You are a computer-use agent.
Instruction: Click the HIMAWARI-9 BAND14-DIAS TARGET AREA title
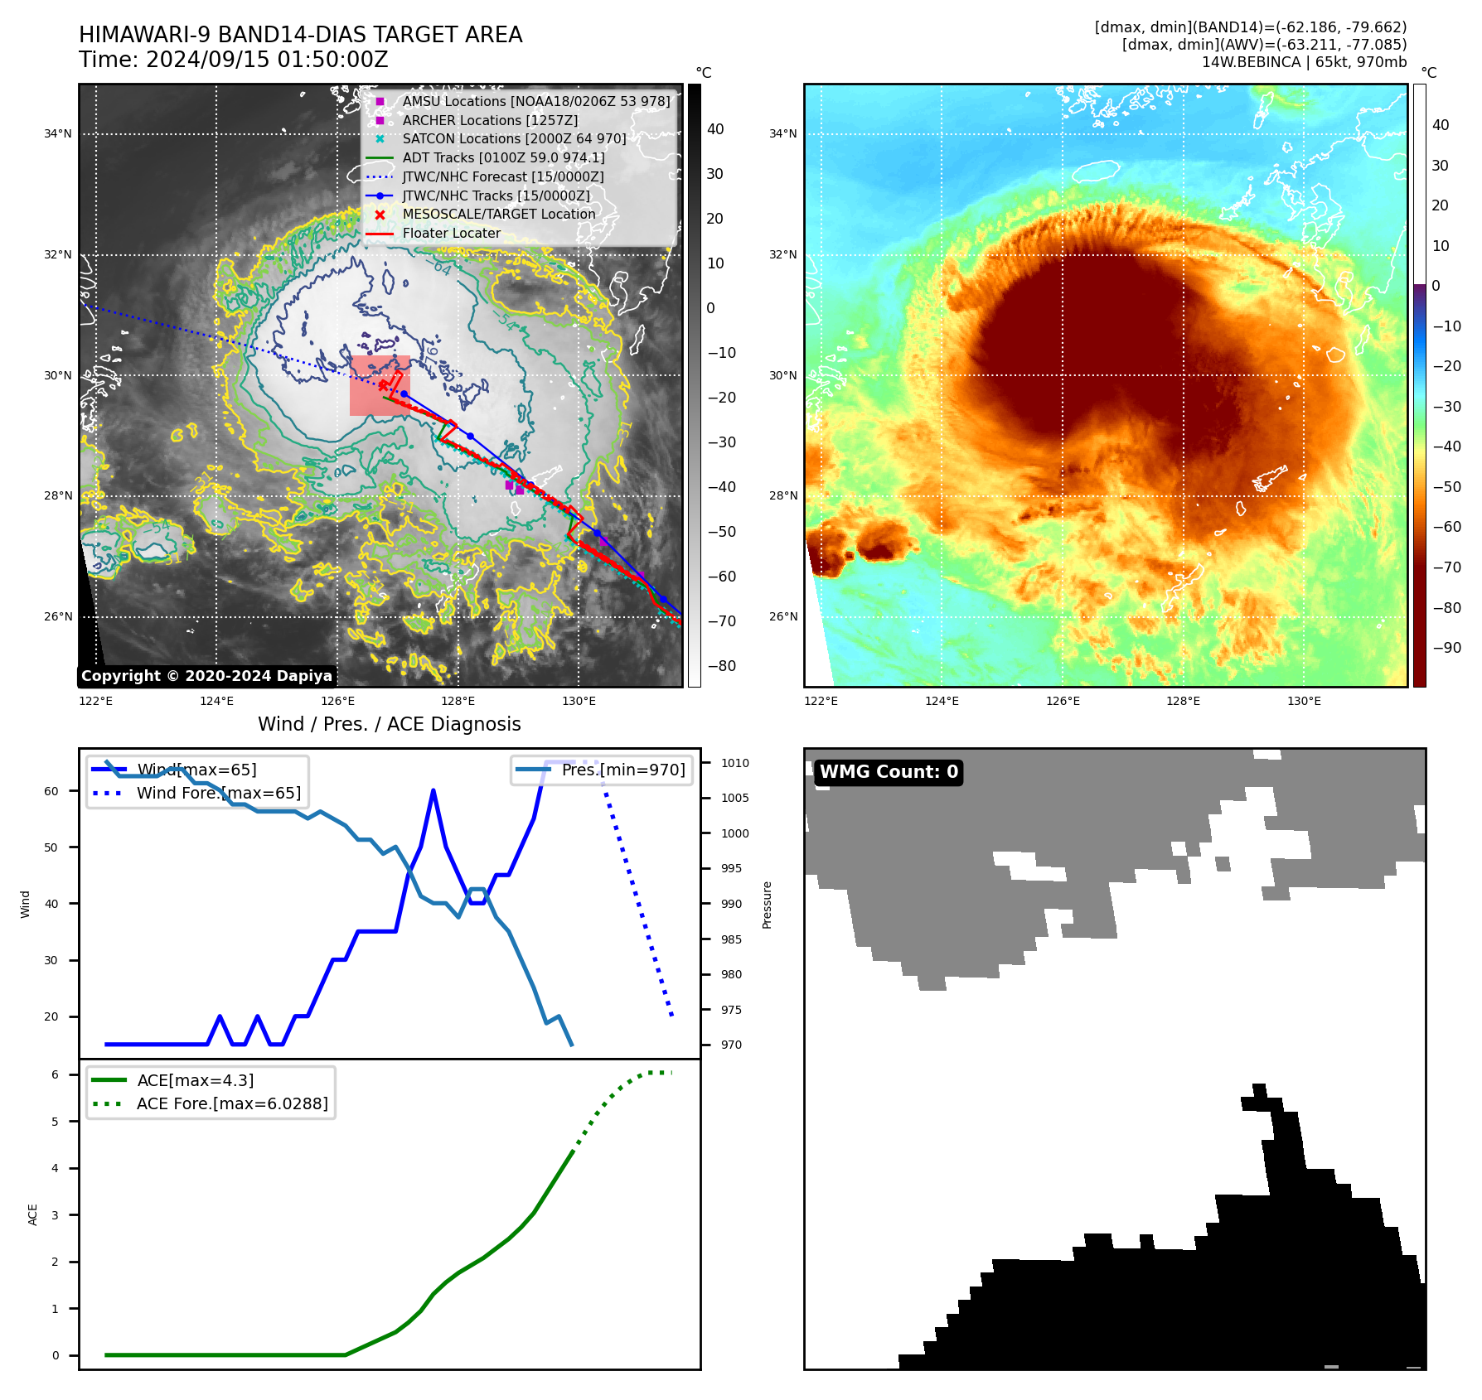(300, 35)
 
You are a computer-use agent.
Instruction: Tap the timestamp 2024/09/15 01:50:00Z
(267, 60)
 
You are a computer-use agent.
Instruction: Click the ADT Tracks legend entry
(503, 157)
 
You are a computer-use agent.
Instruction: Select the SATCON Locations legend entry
(514, 138)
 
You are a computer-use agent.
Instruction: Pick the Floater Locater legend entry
(451, 233)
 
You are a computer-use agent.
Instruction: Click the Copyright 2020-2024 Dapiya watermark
(206, 676)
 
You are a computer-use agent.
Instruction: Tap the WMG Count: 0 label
(889, 772)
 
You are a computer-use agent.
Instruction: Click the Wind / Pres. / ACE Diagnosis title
(389, 724)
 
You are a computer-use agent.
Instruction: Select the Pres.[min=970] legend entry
(622, 770)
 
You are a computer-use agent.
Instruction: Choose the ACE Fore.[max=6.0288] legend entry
(232, 1103)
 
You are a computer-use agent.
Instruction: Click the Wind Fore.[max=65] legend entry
(219, 793)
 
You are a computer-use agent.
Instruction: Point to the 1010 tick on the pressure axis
(734, 763)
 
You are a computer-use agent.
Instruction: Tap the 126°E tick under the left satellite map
(337, 701)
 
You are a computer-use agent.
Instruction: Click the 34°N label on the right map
(782, 133)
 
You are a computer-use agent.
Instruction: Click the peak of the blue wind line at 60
(433, 790)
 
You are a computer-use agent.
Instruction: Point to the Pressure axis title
(768, 905)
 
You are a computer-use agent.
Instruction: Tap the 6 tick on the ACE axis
(56, 1074)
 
